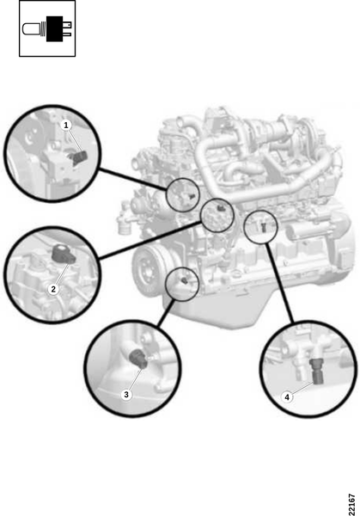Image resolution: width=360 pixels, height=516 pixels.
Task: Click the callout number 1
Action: [66, 125]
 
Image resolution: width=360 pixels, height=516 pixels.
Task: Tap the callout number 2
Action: [53, 289]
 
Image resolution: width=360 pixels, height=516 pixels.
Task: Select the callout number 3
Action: [126, 394]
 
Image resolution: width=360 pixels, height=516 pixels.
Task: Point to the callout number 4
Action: [287, 397]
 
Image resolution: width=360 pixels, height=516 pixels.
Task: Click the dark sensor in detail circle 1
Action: [78, 157]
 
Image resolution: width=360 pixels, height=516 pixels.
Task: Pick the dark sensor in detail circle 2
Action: [64, 254]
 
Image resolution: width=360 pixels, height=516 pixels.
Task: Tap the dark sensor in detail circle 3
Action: [138, 359]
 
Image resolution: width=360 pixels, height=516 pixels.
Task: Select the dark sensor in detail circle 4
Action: [316, 372]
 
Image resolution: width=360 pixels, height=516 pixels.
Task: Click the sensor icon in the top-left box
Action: [47, 28]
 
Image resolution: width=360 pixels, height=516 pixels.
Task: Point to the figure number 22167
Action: [351, 504]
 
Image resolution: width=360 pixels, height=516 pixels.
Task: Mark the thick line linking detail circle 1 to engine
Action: [132, 179]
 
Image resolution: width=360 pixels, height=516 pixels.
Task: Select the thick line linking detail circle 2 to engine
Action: [150, 240]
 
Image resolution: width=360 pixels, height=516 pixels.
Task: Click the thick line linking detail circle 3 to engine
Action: [166, 313]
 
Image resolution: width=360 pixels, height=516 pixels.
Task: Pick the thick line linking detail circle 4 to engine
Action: [279, 282]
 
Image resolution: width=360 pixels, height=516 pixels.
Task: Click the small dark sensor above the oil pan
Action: [184, 280]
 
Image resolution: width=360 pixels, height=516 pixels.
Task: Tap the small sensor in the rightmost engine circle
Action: [264, 227]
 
